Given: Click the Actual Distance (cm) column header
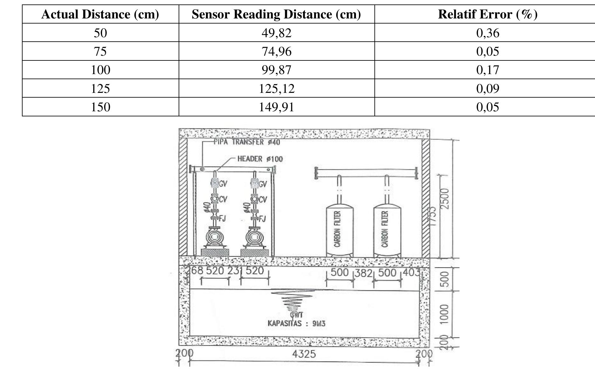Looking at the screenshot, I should (100, 14).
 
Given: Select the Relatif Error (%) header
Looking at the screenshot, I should (488, 14).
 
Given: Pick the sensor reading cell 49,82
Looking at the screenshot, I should (277, 33).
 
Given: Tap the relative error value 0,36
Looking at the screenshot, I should (488, 33).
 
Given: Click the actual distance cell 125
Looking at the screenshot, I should (100, 88).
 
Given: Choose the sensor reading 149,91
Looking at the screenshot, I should (277, 107).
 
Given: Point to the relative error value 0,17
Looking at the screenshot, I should (488, 70).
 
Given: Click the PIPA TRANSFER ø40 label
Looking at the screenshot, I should (247, 142).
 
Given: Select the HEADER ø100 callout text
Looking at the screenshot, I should (260, 159).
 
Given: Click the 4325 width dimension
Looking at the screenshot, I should (304, 354).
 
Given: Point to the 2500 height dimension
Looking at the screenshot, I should (445, 199).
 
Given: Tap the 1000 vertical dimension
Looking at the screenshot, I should (445, 314).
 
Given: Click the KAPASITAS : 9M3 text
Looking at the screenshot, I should (296, 324).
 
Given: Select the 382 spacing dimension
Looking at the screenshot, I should (363, 273).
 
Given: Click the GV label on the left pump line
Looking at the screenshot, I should (223, 184).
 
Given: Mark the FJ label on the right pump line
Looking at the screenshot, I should (262, 219).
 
